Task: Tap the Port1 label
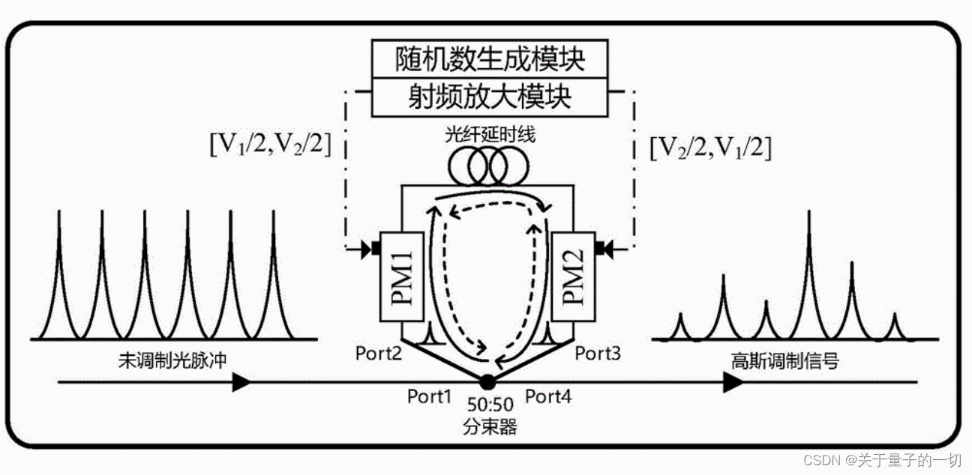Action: (430, 396)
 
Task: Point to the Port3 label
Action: (598, 352)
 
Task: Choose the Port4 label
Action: (548, 396)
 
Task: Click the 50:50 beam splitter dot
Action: (487, 381)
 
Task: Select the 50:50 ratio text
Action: (490, 405)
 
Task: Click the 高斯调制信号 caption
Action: (785, 360)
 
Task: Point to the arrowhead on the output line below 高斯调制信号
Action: (733, 382)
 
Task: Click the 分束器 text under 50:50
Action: (491, 427)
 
